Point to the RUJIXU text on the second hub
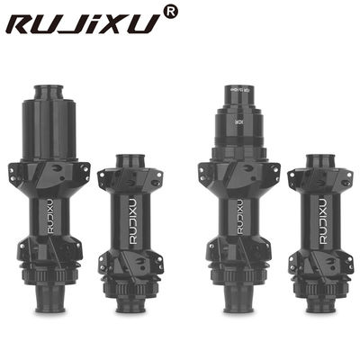coord(126,221)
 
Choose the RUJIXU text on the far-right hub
coord(321,220)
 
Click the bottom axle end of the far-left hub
coord(48,311)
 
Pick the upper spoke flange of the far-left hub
coord(48,173)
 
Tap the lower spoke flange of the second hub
coord(125,263)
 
